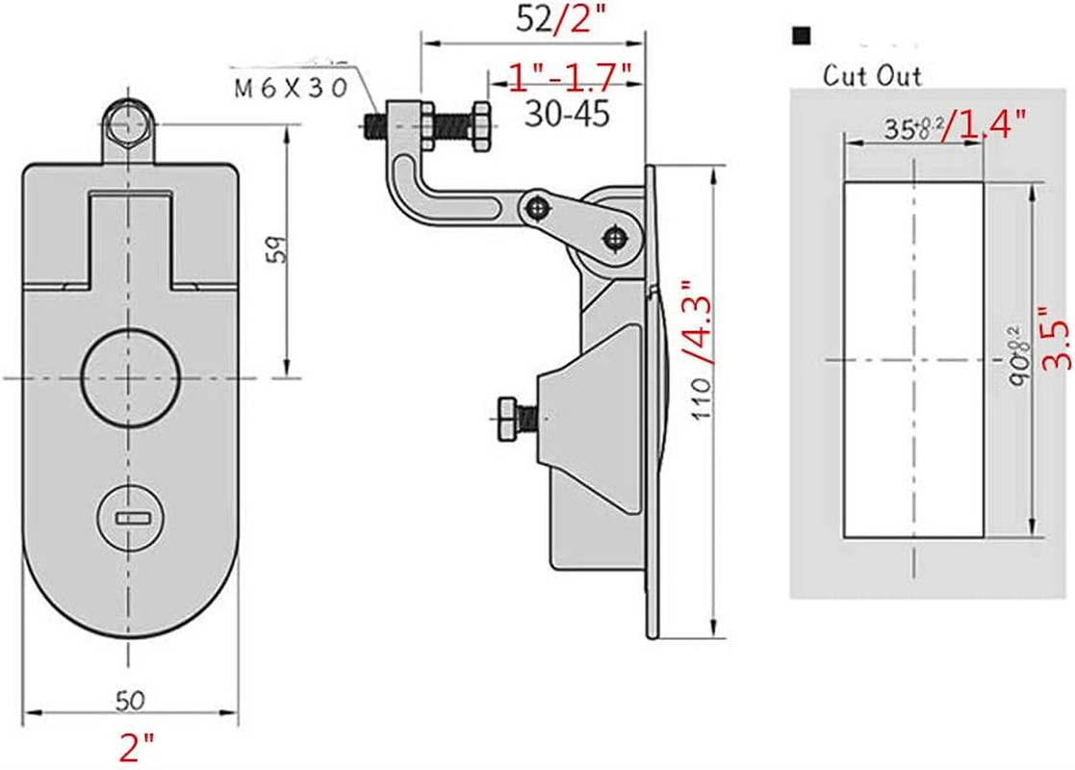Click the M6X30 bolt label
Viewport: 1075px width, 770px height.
(x=291, y=89)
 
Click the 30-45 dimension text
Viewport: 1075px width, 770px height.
(x=568, y=115)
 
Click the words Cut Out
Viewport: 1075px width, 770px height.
(x=872, y=76)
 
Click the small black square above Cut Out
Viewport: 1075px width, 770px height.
(x=800, y=37)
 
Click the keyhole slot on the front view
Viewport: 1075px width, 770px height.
(x=131, y=518)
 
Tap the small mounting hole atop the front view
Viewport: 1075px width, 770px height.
(x=128, y=122)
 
